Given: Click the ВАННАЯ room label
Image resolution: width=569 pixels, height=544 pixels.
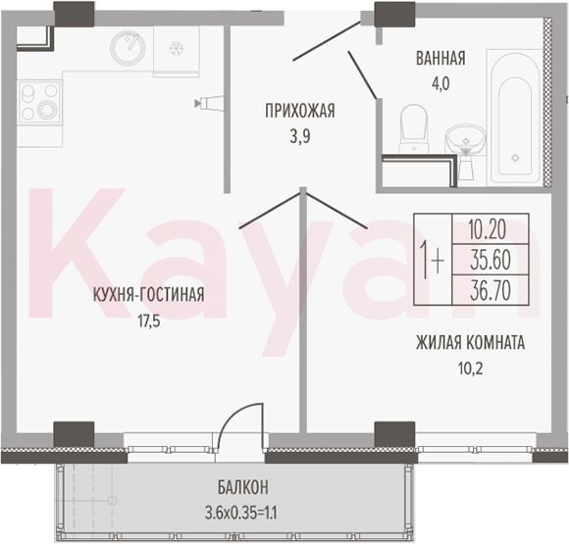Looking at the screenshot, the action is tap(440, 59).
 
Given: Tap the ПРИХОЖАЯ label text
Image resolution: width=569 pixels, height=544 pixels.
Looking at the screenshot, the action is tap(300, 111).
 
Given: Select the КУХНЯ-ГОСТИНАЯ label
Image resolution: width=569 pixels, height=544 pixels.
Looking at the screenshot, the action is tap(149, 294).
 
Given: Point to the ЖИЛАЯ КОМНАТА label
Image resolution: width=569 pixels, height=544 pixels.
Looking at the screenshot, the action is tap(470, 343).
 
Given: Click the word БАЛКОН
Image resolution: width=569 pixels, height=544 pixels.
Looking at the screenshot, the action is tap(243, 487).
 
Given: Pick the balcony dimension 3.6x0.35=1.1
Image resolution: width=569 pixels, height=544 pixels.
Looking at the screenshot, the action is tap(241, 514).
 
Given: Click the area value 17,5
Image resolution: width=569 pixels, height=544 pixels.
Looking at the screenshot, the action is tap(149, 321).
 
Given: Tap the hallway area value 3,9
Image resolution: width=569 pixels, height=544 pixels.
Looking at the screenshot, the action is tap(300, 137).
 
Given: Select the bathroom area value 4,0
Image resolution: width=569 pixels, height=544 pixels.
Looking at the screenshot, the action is tap(440, 84).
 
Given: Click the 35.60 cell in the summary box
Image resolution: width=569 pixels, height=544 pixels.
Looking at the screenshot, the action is tap(490, 260).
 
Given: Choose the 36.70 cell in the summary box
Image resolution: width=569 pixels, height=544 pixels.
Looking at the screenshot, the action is tap(490, 290).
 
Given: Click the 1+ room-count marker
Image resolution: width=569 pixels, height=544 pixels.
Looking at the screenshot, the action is tap(432, 260).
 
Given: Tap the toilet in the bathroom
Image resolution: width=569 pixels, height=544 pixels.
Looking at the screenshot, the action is tap(413, 128).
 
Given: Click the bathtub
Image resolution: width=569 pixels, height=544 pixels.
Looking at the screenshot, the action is tap(515, 118).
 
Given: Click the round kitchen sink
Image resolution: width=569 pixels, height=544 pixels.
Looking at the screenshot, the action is tap(128, 46).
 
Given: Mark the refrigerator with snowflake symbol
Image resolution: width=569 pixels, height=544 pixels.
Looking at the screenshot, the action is tap(177, 50).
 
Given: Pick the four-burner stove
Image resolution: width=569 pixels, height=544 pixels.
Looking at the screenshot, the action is tap(39, 102).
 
